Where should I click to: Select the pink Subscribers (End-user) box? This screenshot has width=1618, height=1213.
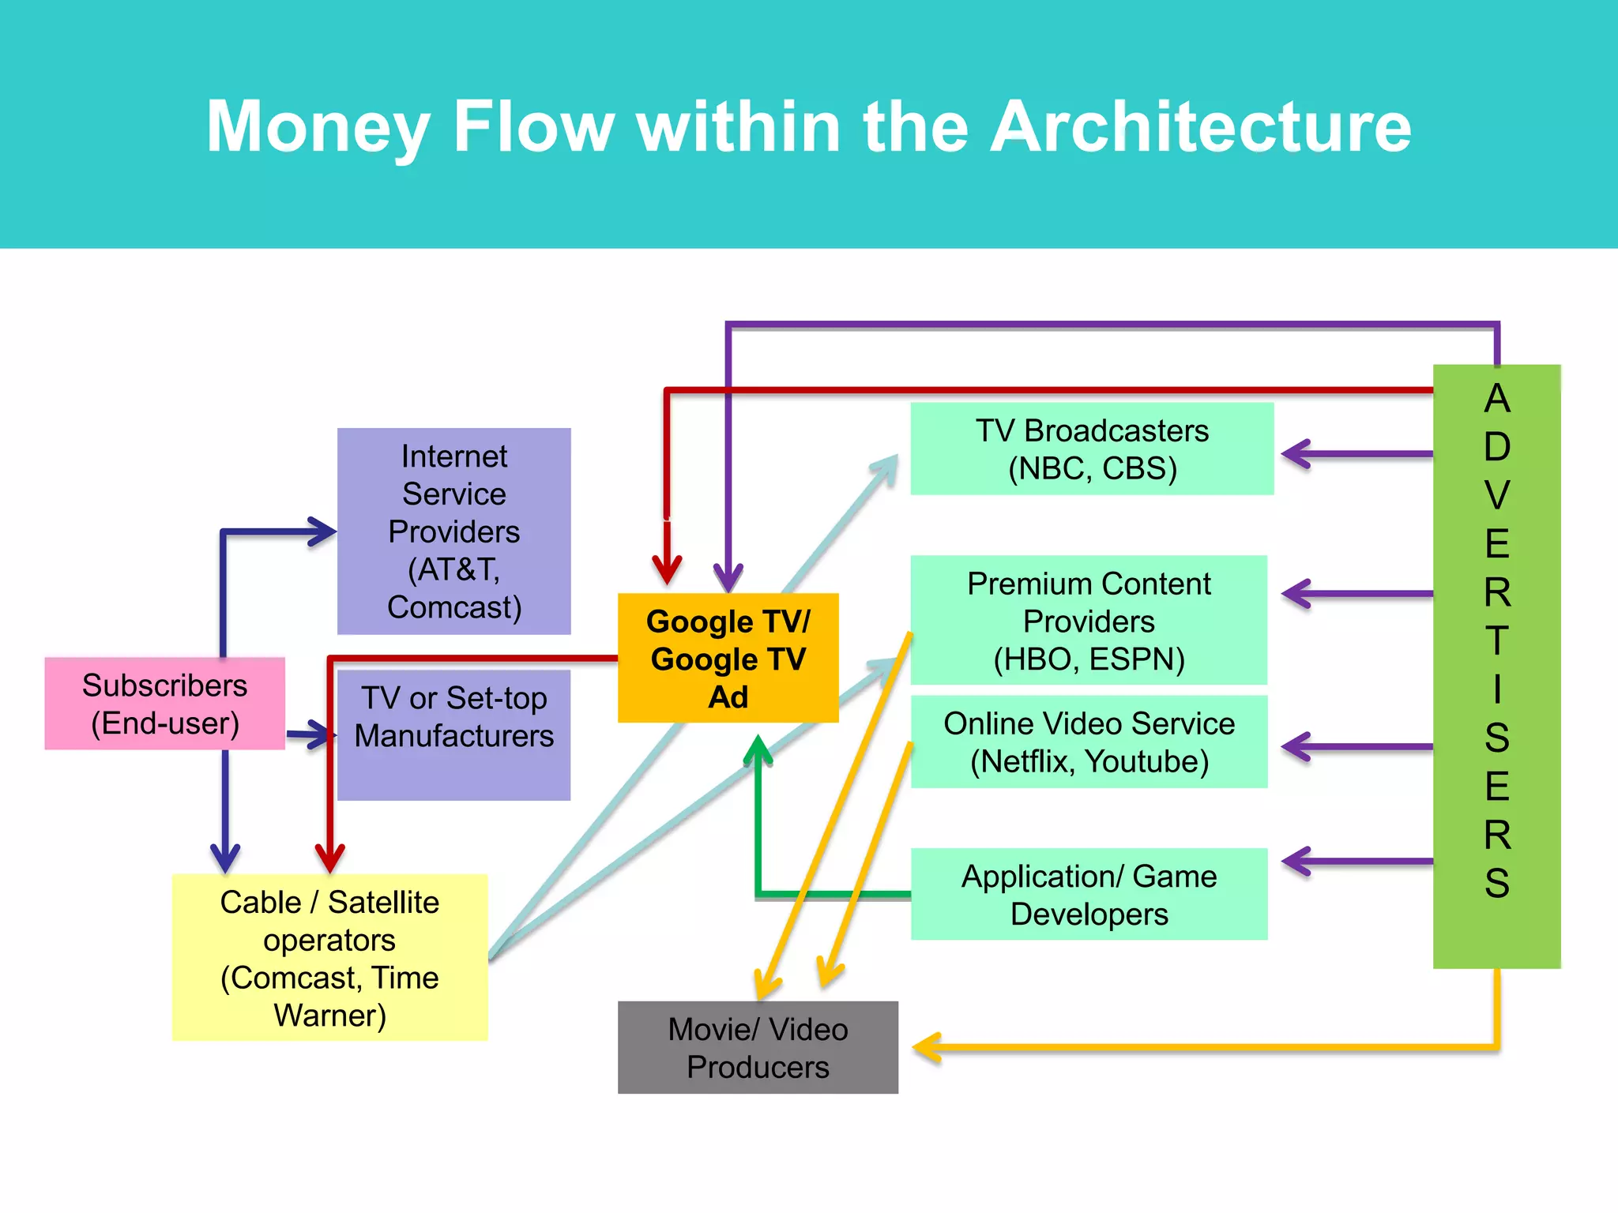point(164,704)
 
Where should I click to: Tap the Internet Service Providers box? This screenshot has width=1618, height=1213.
point(453,531)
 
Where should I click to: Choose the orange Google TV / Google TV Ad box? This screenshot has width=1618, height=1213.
point(728,659)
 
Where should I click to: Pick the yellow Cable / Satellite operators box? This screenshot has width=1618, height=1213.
point(329,957)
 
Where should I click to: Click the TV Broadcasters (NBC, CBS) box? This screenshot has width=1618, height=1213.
point(1092,449)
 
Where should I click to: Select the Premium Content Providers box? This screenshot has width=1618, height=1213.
point(1089,621)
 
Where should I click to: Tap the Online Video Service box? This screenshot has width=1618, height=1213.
point(1089,742)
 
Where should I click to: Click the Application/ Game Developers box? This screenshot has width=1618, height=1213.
point(1089,894)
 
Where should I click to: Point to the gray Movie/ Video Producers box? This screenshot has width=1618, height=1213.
point(758,1047)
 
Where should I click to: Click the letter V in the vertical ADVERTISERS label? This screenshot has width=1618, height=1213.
point(1496,495)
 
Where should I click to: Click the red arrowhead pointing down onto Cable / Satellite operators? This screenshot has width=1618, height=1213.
point(329,858)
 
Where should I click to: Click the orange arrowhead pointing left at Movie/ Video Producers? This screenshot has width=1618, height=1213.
point(926,1048)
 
